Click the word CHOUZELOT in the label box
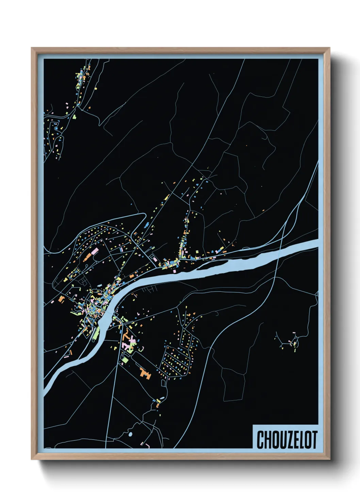287,440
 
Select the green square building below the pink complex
125,359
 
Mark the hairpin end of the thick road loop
144,216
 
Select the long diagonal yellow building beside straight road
167,197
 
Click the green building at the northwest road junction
74,116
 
